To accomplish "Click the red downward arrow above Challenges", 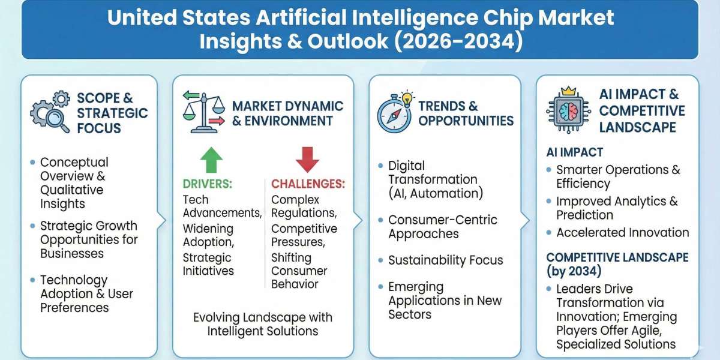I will (307, 160).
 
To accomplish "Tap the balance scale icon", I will (203, 113).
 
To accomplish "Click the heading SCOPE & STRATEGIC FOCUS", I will (112, 113).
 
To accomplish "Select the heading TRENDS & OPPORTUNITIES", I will (466, 113).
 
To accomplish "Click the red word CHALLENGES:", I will (308, 184).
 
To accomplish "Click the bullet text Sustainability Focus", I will (445, 260).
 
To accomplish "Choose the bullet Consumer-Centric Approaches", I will (442, 227).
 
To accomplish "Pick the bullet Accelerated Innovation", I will (622, 233).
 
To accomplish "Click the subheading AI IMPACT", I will (574, 152).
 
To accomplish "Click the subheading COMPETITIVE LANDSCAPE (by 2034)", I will (617, 264).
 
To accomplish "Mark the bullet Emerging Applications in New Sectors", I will (444, 300).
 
